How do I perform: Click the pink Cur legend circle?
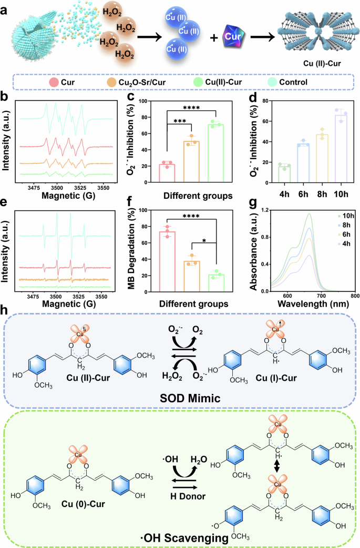pyautogui.click(x=54, y=82)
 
